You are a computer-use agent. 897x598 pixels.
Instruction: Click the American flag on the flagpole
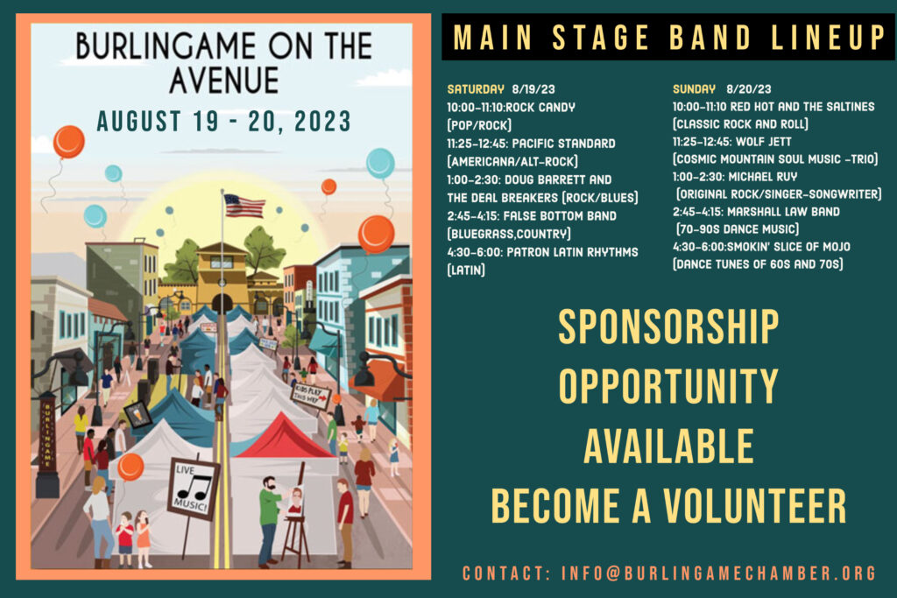[244, 206]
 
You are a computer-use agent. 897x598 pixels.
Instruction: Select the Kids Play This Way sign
[311, 395]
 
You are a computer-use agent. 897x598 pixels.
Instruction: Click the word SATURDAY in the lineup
[476, 89]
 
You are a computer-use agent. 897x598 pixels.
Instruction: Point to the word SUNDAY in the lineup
[694, 89]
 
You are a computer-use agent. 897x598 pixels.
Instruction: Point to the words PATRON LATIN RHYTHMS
[572, 252]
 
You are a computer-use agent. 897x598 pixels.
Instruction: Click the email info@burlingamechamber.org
[718, 573]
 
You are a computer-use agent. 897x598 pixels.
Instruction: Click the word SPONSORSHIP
[668, 327]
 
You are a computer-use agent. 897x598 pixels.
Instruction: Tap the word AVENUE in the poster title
[223, 80]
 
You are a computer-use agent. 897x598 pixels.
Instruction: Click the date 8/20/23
[749, 89]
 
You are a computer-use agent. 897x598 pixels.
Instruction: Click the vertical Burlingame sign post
[47, 445]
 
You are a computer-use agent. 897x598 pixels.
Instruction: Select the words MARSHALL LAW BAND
[783, 212]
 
